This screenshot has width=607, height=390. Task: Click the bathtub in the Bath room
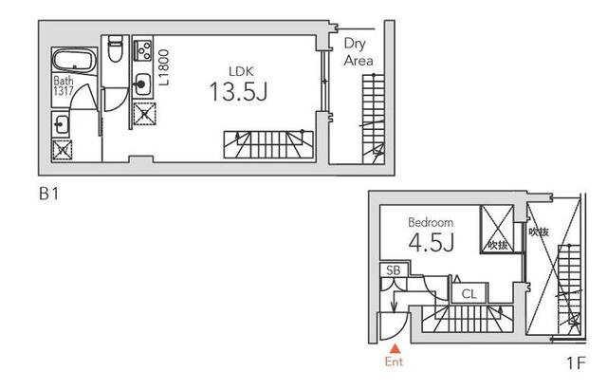[74, 61]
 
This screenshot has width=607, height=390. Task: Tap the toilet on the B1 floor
[116, 48]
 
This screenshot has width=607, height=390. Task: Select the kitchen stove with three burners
[142, 50]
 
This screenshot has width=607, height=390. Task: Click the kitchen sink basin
[142, 84]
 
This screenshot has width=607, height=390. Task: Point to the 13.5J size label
[238, 92]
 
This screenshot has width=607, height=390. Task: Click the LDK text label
[241, 71]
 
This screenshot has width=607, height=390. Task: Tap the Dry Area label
[359, 52]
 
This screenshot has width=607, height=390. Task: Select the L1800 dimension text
[164, 67]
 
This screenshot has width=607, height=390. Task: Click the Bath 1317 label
[64, 85]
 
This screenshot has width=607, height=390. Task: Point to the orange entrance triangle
[395, 348]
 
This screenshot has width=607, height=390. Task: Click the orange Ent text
[394, 362]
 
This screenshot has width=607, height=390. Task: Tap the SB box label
[394, 269]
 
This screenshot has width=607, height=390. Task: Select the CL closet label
[469, 294]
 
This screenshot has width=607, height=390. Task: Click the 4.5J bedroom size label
[431, 242]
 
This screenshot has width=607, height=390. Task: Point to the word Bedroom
[431, 222]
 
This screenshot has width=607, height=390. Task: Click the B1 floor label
[49, 194]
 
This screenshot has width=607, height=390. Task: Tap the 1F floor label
[576, 363]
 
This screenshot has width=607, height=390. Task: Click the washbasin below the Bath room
[61, 124]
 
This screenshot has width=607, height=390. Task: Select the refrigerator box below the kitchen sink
[144, 114]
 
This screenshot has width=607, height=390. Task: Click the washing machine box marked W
[63, 150]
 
